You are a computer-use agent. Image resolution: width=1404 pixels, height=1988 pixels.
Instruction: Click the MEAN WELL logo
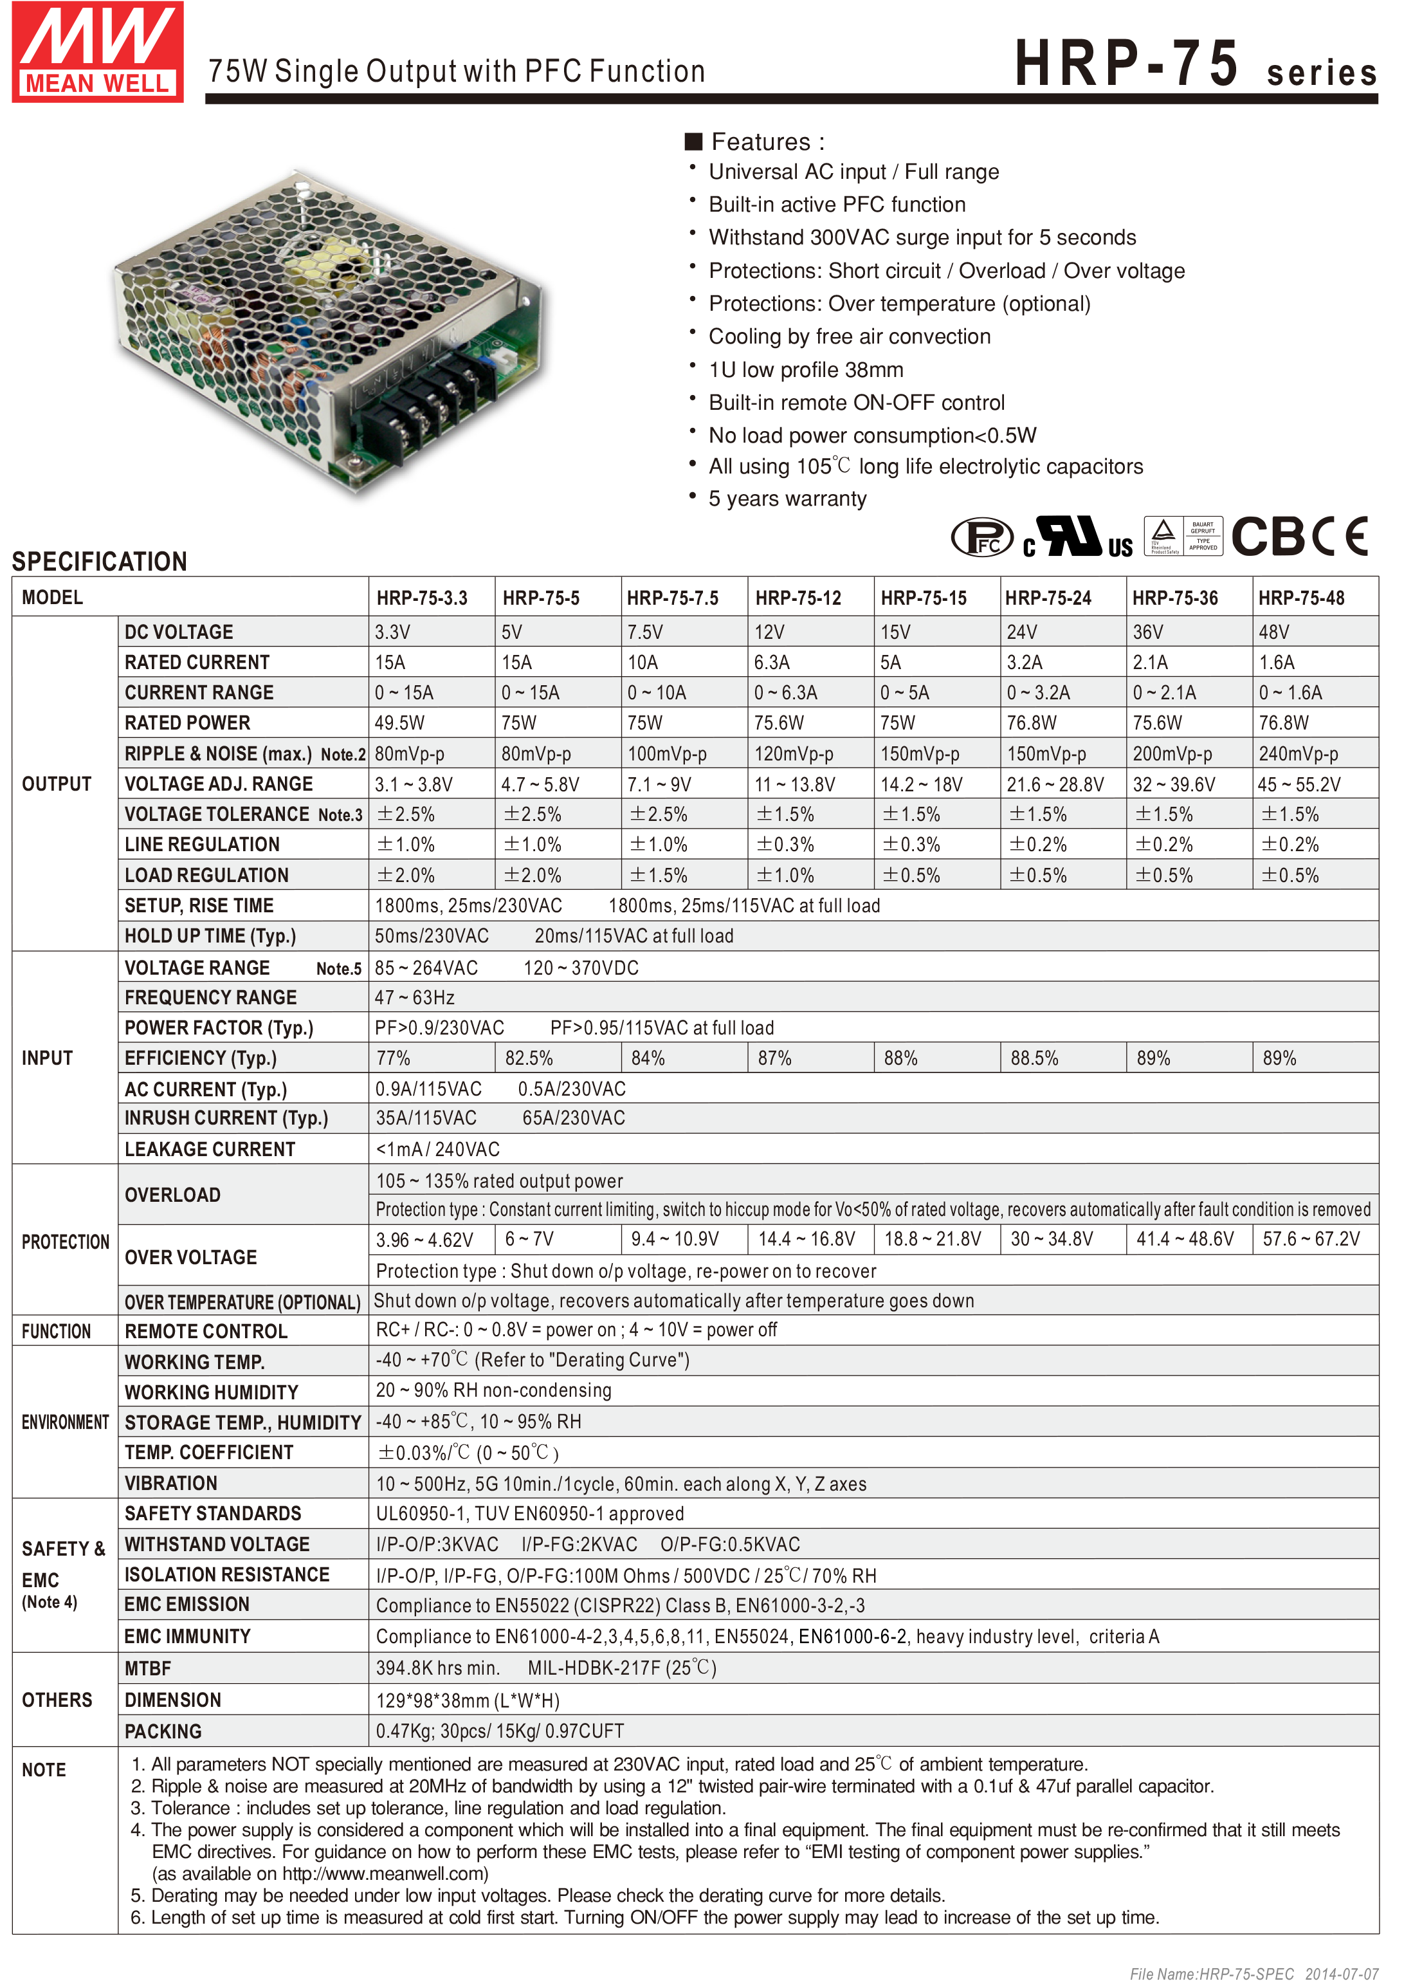point(98,52)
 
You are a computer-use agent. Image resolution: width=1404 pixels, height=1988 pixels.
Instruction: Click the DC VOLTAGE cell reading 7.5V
point(646,632)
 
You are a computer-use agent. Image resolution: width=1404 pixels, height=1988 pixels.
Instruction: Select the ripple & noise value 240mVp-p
point(1299,754)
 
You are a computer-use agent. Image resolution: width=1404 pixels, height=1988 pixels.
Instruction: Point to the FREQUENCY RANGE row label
point(210,997)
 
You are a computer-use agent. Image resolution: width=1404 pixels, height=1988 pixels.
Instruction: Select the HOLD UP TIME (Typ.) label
point(210,936)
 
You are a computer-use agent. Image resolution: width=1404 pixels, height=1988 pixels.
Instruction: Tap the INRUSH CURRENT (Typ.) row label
point(226,1118)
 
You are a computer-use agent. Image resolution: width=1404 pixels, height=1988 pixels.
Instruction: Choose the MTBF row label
point(148,1668)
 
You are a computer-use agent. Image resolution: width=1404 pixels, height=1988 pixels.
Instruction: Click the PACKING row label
point(163,1732)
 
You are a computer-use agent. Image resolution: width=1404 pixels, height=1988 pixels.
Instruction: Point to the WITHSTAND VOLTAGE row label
point(216,1544)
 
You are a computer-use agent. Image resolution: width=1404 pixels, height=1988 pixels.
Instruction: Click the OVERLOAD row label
point(172,1195)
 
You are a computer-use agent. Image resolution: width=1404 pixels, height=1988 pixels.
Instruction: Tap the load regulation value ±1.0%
point(785,876)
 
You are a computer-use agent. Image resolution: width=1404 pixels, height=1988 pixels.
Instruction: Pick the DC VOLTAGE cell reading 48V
point(1274,632)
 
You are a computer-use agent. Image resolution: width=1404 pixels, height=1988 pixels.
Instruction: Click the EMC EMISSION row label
point(186,1605)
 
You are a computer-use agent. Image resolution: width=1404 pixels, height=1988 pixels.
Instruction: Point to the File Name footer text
point(1254,1973)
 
